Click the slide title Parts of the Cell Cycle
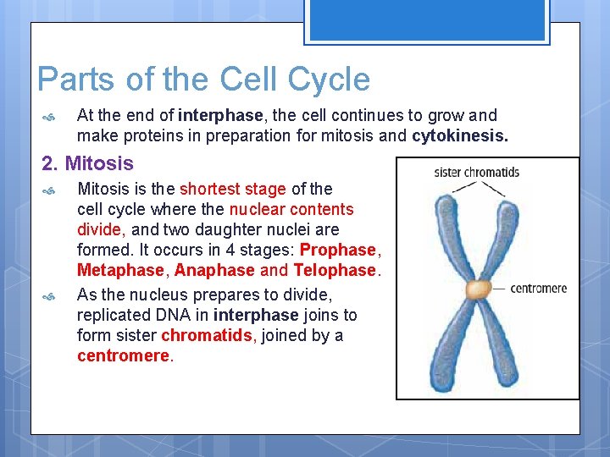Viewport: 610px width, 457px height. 203,80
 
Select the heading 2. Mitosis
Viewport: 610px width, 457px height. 88,162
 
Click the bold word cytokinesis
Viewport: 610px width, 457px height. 460,135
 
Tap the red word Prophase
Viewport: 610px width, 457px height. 337,250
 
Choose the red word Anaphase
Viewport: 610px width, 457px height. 214,270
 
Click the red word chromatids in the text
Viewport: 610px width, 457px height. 207,335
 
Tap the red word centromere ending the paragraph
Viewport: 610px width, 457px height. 123,355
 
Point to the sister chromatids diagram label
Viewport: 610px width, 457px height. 476,173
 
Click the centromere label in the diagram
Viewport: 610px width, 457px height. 538,289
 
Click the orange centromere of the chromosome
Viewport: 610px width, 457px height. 479,289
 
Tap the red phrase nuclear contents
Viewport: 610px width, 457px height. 291,209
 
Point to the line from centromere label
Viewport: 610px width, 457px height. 500,289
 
